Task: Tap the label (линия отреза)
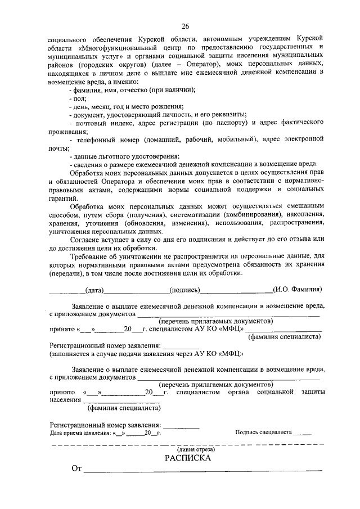point(187,449)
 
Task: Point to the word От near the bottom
point(76,469)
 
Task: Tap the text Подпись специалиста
point(263,433)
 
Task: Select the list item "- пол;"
point(74,98)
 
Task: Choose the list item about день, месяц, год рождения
point(125,106)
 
